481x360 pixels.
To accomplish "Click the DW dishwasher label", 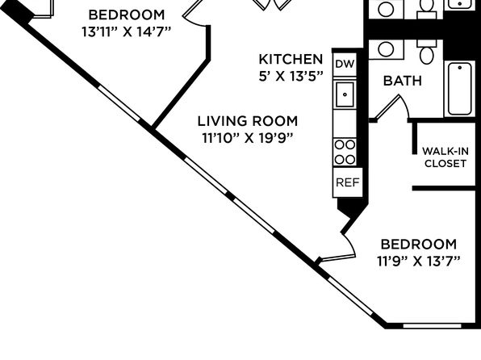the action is pyautogui.click(x=345, y=64).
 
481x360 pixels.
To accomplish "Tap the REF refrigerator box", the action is pyautogui.click(x=348, y=182).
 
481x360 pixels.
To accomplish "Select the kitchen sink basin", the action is pyautogui.click(x=345, y=94).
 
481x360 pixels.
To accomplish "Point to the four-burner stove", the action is pyautogui.click(x=345, y=152).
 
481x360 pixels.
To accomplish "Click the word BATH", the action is pyautogui.click(x=403, y=81).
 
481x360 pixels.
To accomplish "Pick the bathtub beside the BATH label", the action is pyautogui.click(x=459, y=89).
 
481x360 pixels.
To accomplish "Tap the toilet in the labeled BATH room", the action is pyautogui.click(x=427, y=52).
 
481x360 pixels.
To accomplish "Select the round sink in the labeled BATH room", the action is pyautogui.click(x=386, y=49).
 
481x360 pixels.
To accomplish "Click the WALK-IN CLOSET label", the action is pyautogui.click(x=445, y=157).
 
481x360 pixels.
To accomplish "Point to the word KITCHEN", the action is pyautogui.click(x=291, y=59).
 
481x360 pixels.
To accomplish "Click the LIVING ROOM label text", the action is pyautogui.click(x=248, y=121).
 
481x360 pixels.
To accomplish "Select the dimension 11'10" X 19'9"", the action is pyautogui.click(x=248, y=138).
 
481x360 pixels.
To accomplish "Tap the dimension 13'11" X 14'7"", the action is pyautogui.click(x=126, y=31).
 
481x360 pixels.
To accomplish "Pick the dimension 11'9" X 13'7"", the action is pyautogui.click(x=419, y=262).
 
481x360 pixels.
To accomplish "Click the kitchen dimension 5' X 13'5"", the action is pyautogui.click(x=291, y=76).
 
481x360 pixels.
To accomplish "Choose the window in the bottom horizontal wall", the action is pyautogui.click(x=432, y=325).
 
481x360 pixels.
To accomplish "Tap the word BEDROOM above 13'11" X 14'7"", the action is pyautogui.click(x=127, y=15).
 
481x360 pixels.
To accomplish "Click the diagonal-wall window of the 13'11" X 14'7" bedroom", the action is pyautogui.click(x=119, y=103).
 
